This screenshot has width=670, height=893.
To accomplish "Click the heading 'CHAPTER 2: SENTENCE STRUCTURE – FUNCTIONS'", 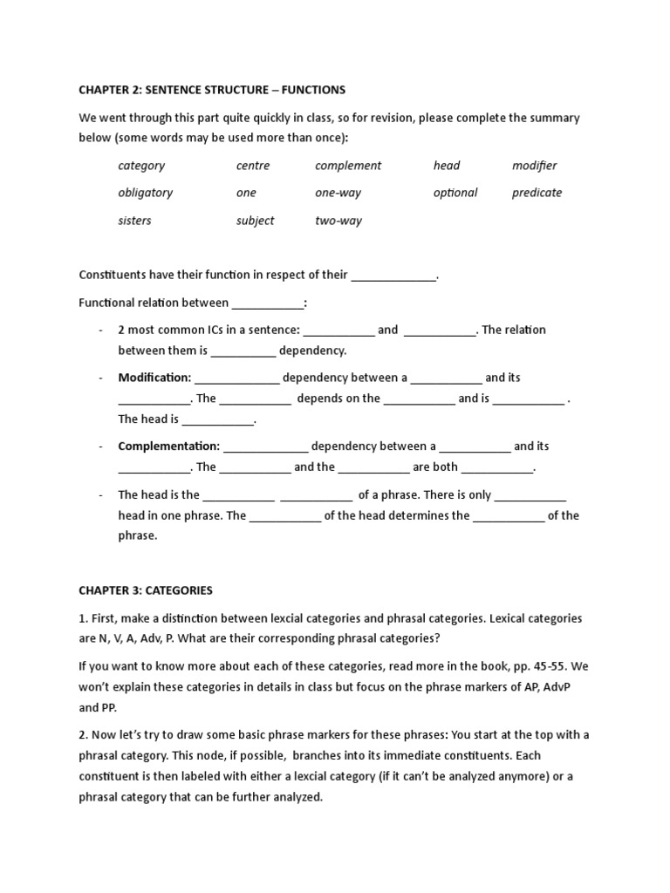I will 212,90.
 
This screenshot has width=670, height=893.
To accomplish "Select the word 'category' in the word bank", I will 141,166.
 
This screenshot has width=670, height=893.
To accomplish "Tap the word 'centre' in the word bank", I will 253,166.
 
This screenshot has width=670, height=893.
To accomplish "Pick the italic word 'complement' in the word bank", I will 348,166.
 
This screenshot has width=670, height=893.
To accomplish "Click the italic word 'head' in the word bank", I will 447,166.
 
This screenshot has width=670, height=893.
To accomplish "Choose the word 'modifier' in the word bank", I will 534,166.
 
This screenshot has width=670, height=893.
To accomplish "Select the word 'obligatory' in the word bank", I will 146,193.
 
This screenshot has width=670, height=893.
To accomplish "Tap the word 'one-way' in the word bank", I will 338,193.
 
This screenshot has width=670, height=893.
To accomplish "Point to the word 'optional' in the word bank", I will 455,193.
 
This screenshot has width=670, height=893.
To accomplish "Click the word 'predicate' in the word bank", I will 537,193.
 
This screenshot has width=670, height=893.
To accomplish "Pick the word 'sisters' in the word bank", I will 135,221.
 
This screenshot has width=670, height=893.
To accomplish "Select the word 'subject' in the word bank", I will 255,221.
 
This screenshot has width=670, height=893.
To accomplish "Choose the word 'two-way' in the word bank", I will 338,221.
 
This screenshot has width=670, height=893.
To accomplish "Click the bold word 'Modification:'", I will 154,378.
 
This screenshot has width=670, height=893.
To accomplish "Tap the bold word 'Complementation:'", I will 169,446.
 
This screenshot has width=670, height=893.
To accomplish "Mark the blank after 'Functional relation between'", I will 268,303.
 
